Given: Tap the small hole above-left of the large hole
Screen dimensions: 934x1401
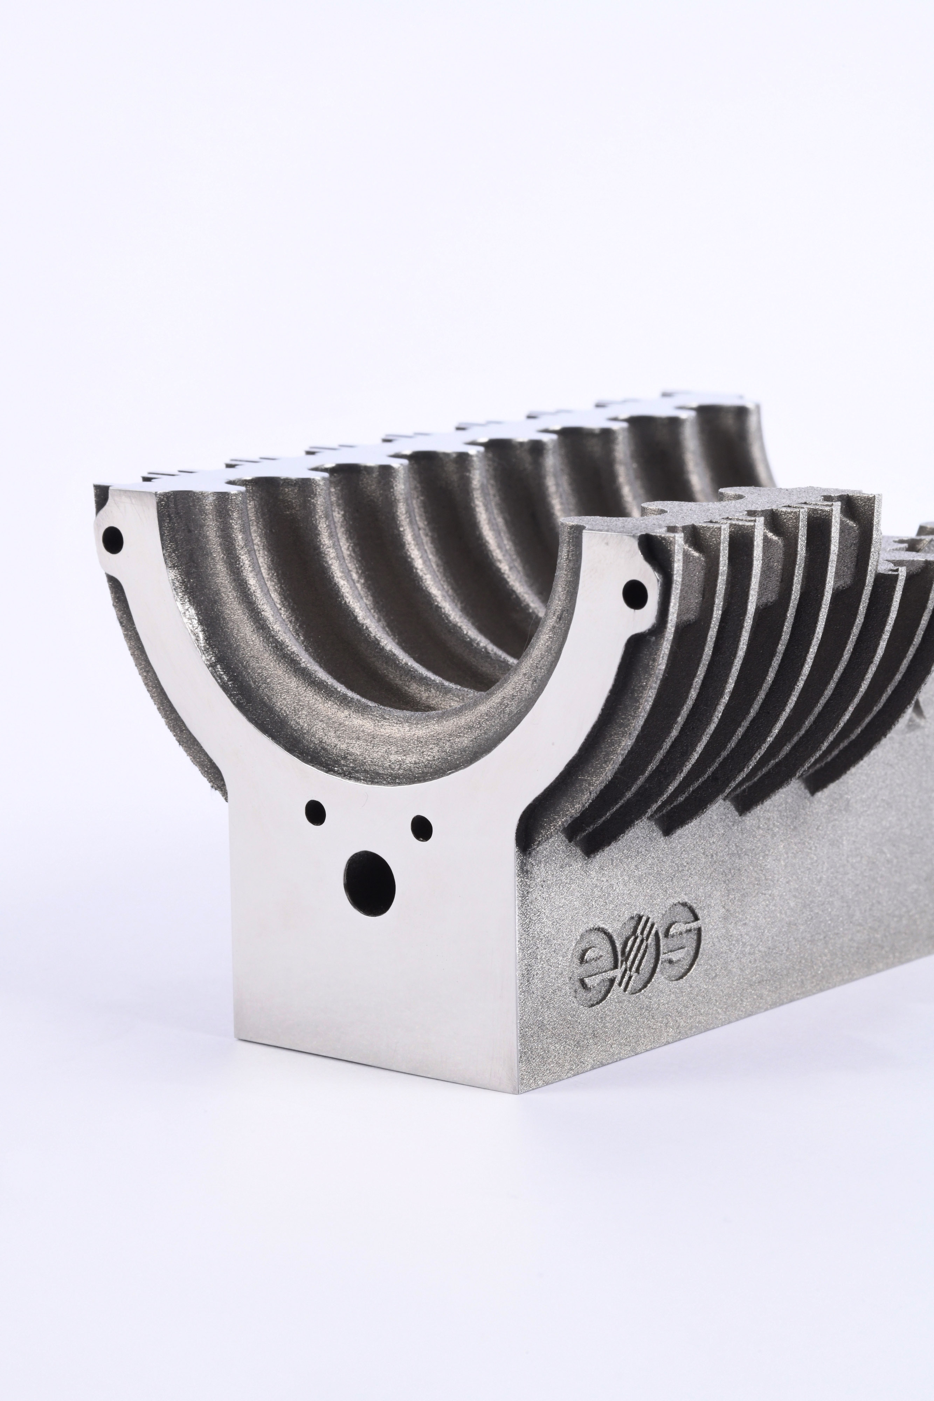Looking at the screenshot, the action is [316, 811].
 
